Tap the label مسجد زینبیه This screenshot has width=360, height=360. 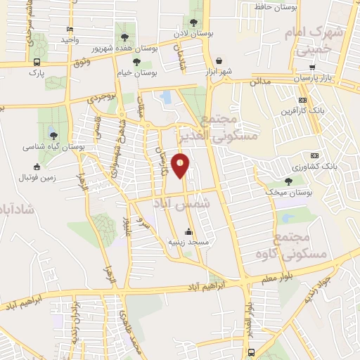coord(188,241)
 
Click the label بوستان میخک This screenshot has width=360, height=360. coord(289,192)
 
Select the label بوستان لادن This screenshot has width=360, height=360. coord(194,33)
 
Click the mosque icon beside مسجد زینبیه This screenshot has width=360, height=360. coord(188,231)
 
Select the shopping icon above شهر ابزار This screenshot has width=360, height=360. coord(220,60)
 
